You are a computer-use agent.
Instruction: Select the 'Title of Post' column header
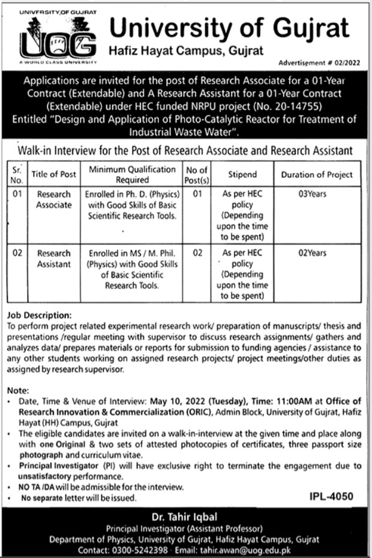(x=54, y=174)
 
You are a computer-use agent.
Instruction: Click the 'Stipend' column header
(x=242, y=174)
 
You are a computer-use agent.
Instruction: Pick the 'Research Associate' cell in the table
(x=54, y=200)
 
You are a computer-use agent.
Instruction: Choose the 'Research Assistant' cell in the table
(x=54, y=259)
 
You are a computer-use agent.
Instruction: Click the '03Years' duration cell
(x=312, y=195)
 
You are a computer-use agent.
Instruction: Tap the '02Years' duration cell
(x=312, y=253)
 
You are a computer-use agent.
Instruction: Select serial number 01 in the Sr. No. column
(x=17, y=195)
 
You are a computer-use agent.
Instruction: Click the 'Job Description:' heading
(x=40, y=315)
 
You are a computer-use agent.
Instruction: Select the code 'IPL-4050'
(x=332, y=496)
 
